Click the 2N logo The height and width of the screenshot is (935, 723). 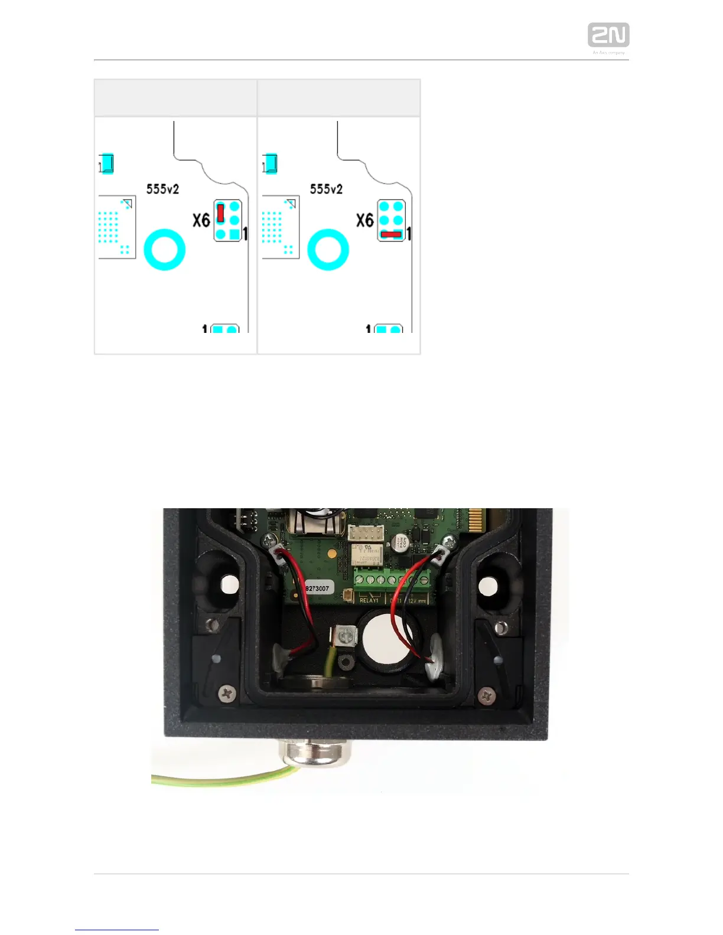[608, 35]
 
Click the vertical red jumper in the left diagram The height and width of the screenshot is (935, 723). [220, 212]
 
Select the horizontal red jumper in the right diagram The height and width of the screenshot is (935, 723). [391, 234]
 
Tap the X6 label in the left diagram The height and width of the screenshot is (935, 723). [201, 220]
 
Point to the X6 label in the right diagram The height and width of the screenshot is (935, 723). [365, 220]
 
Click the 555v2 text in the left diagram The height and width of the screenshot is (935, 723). [162, 189]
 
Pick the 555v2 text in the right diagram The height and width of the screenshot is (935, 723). [326, 189]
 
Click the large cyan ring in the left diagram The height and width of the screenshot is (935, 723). [165, 250]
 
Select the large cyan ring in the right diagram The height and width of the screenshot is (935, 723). [328, 250]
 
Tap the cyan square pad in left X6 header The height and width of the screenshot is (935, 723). [235, 234]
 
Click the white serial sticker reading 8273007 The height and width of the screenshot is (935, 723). [318, 588]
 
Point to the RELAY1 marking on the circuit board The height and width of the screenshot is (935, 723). [369, 600]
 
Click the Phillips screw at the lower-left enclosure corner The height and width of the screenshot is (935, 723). [227, 694]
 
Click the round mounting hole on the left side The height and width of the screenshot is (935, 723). [230, 585]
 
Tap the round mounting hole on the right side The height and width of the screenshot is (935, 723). [488, 586]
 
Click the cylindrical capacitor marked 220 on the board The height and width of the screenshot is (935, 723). [402, 542]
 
